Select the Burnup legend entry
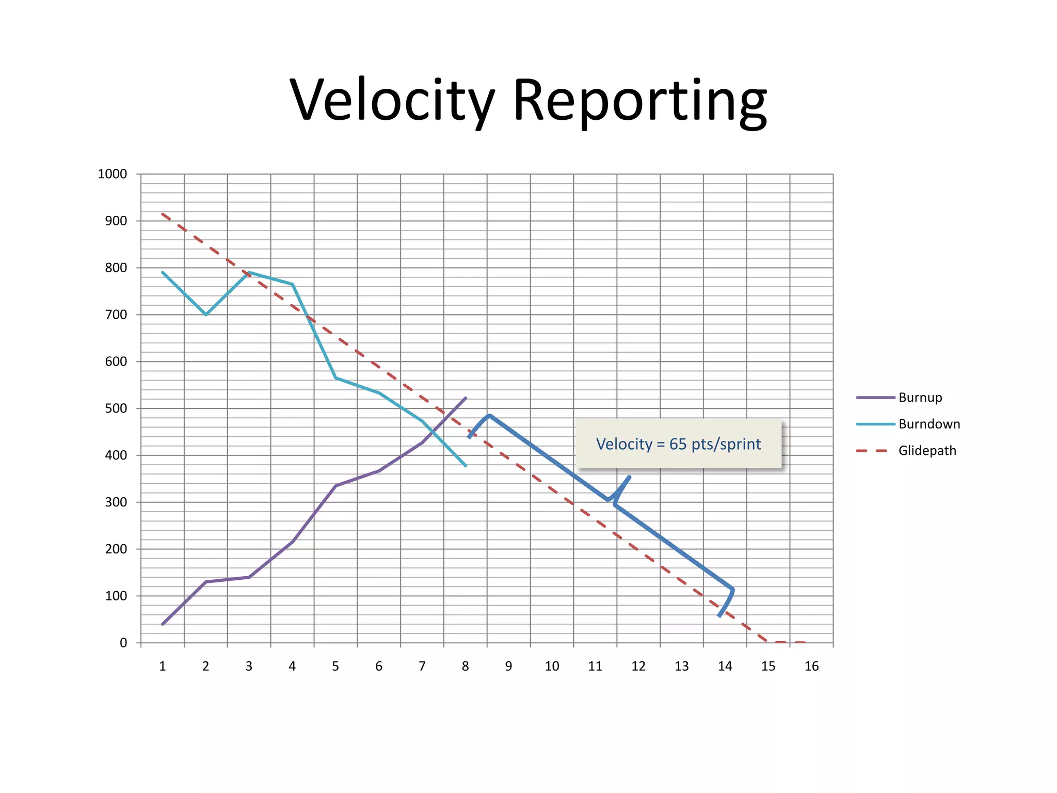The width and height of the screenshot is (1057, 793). coord(920,398)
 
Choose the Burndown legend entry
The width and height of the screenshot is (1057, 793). coord(929,424)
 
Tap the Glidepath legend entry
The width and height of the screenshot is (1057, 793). coord(927,451)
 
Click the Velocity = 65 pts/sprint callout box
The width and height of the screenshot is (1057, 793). coord(678,444)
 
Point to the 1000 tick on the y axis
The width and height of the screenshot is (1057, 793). coord(112,174)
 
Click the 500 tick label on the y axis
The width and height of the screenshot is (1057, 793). coord(116,408)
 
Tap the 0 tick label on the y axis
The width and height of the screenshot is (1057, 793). coord(123,643)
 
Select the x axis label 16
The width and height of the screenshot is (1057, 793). coord(811,667)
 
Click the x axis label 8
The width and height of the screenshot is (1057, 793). coord(465,667)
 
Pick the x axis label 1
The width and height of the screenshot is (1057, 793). coord(162,667)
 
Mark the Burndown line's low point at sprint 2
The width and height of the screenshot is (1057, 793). coord(206,314)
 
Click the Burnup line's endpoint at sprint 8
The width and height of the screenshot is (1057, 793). coord(466,398)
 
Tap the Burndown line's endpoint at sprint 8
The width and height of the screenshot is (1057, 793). coord(466,466)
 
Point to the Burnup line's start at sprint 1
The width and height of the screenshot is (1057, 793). coord(163,624)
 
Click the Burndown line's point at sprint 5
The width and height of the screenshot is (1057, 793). coord(336,378)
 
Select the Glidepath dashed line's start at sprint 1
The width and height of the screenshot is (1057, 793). coord(163,214)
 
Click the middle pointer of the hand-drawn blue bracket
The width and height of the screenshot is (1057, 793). coord(628,478)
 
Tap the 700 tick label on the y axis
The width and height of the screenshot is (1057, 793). coord(116,314)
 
